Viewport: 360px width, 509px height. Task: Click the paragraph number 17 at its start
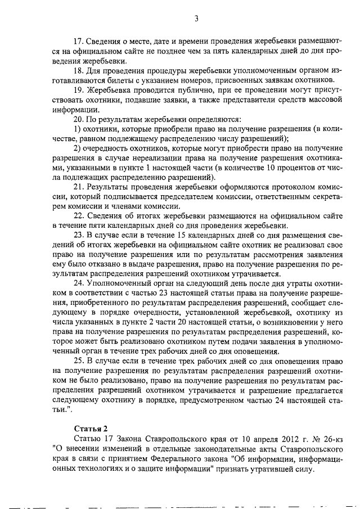(80, 41)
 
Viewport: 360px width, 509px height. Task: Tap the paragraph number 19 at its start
(80, 89)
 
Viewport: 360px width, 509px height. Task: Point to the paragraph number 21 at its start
(80, 186)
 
